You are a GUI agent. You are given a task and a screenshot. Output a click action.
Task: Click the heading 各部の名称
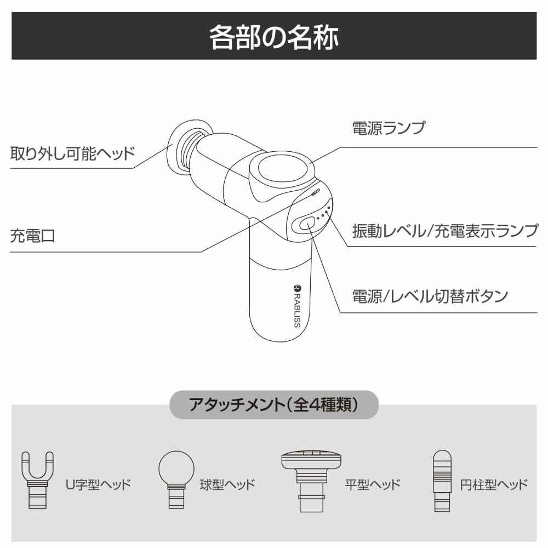[274, 37]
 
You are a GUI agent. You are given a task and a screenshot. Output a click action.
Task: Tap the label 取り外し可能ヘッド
[72, 153]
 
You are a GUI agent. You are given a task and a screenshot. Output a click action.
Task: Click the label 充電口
[32, 237]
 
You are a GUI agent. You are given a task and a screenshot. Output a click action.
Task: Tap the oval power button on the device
[307, 222]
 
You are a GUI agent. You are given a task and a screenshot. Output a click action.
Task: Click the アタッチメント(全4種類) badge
[273, 405]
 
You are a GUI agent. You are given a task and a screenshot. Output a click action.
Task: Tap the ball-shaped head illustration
[176, 480]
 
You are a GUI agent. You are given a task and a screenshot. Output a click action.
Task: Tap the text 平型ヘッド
[372, 484]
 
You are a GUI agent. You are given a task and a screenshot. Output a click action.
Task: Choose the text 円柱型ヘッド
[494, 484]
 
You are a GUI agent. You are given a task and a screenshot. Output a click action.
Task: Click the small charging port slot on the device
[316, 192]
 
